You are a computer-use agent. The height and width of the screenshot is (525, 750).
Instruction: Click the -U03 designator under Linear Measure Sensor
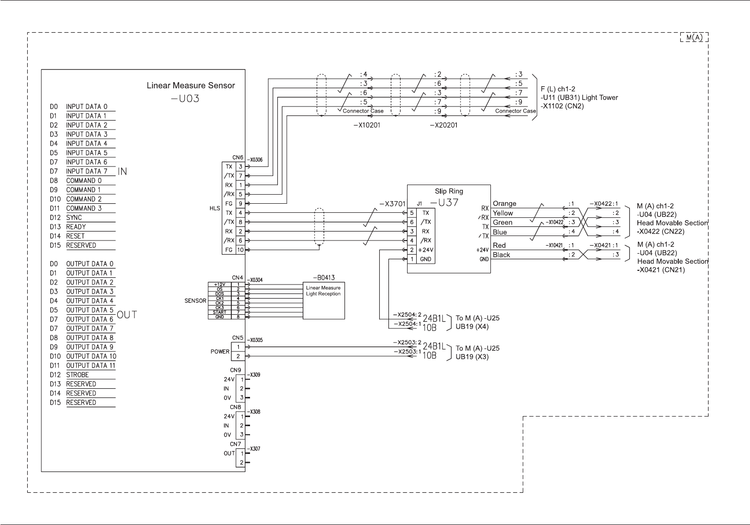185,98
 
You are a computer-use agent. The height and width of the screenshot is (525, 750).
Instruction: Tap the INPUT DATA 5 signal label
86,153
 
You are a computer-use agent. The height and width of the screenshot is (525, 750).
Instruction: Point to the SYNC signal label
74,218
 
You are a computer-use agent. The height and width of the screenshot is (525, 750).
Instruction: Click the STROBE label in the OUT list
77,375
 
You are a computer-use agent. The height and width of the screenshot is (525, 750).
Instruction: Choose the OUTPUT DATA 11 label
91,366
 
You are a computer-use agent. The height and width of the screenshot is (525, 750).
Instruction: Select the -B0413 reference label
324,277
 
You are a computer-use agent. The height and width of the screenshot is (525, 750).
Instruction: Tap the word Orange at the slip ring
504,204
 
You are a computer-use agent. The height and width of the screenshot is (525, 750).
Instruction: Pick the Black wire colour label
502,255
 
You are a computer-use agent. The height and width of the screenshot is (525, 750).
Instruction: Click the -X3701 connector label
392,205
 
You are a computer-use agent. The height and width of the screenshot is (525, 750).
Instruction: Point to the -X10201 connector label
367,126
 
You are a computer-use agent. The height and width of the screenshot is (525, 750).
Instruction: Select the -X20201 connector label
443,126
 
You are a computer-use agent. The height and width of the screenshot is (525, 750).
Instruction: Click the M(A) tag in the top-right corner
694,38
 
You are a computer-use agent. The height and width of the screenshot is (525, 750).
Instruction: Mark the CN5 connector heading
237,338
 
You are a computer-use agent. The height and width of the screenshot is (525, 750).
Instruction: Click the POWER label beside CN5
220,352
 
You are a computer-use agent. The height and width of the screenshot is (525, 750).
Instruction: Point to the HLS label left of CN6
215,208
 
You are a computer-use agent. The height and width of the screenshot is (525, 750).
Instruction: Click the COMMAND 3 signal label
84,208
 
